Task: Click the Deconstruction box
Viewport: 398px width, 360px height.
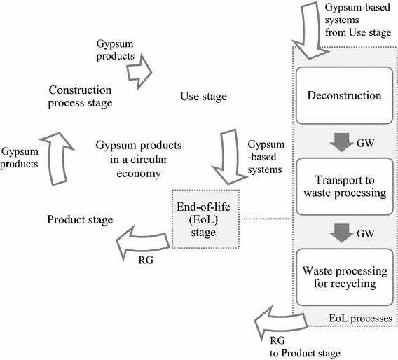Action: [x=344, y=95]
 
